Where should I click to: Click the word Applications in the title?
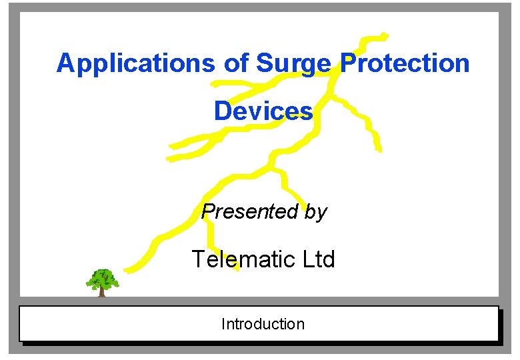coord(135,64)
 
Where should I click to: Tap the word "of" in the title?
coord(235,64)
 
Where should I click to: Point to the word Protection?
coord(405,63)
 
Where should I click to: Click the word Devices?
coord(263,111)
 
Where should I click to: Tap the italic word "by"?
coord(315,213)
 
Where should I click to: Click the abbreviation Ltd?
coord(319,259)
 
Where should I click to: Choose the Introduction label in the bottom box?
coord(263,324)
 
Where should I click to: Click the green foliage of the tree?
coord(102,277)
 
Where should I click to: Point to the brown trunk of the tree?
coord(101,291)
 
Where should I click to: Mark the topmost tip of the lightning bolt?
coord(385,34)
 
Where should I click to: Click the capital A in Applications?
coord(65,64)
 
